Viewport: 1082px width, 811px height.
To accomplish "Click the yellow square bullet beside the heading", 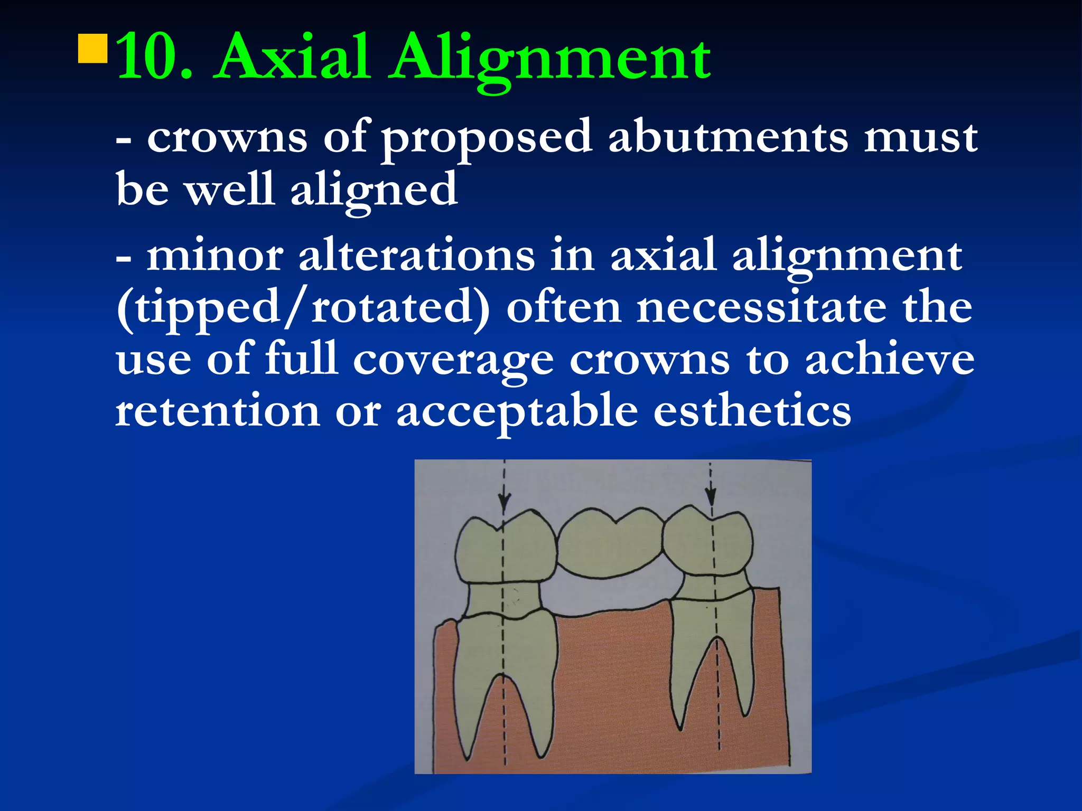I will [93, 49].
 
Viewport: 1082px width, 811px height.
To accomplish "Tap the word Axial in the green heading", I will [291, 57].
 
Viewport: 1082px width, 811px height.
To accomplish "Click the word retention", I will [218, 411].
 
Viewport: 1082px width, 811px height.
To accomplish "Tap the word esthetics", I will [752, 411].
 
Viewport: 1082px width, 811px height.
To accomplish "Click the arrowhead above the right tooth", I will [711, 497].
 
